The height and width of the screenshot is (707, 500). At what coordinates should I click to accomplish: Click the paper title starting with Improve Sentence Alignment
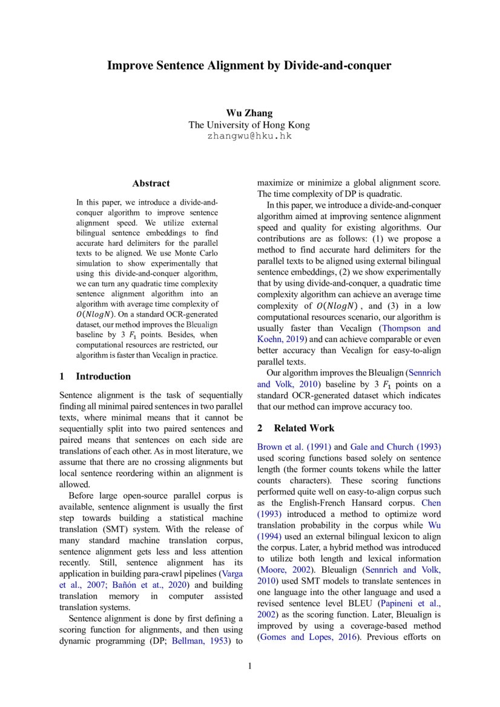[x=249, y=65]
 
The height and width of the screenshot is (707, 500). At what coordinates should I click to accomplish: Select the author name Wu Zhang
[x=249, y=113]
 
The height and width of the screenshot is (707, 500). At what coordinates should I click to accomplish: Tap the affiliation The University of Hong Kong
[x=249, y=125]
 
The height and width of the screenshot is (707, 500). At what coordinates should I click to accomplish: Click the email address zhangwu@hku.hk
[x=249, y=136]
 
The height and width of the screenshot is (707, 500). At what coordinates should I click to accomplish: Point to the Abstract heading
[x=151, y=183]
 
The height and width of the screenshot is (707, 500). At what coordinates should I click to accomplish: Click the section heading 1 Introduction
[x=95, y=377]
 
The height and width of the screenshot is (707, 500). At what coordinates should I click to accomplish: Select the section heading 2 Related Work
[x=295, y=429]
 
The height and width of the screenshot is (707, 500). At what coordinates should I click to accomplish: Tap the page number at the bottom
[x=249, y=666]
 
